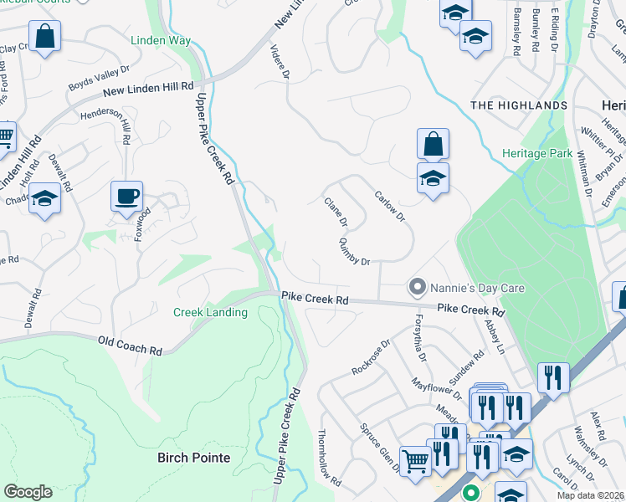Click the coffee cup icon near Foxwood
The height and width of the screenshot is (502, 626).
[126, 197]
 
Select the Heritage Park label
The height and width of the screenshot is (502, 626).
[537, 153]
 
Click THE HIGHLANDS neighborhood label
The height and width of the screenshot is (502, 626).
[519, 105]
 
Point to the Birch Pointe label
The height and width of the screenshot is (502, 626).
[193, 458]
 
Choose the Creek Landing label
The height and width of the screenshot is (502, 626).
[210, 312]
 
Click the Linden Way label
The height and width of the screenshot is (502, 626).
[161, 41]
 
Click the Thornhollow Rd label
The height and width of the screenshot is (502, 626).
[329, 458]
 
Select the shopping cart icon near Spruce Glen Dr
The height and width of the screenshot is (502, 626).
[415, 460]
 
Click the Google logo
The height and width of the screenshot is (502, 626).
[28, 492]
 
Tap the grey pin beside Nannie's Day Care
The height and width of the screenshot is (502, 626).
[416, 288]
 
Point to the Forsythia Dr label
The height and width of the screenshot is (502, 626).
[420, 338]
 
